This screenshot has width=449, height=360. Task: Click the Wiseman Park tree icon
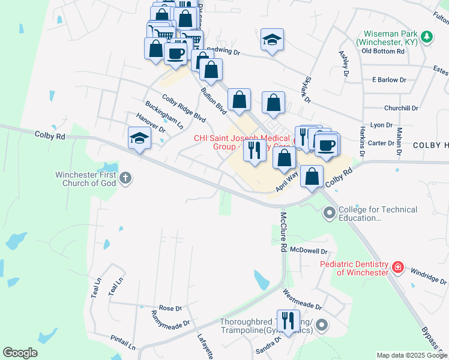(427, 37)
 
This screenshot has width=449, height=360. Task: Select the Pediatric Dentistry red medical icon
(397, 267)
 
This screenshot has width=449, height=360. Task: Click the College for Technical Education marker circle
(330, 212)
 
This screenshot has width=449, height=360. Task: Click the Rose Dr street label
(170, 308)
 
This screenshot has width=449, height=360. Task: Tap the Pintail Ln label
(123, 343)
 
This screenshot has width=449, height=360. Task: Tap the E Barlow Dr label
(389, 80)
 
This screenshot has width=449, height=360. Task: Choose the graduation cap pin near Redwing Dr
(272, 40)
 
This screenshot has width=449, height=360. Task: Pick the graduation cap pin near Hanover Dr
(139, 139)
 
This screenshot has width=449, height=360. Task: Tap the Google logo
(20, 353)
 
